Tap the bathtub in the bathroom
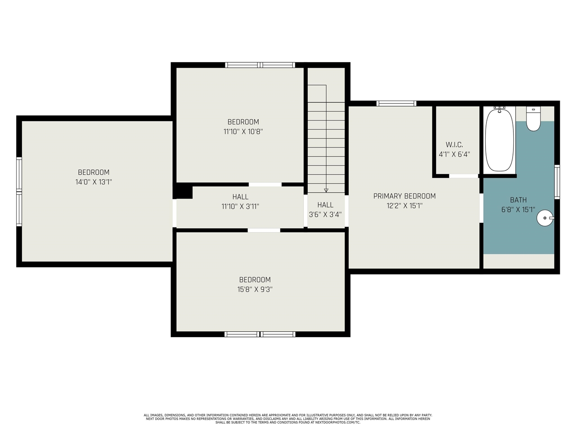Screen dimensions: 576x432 499,140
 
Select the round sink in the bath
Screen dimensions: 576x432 545,218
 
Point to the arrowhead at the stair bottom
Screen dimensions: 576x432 326,190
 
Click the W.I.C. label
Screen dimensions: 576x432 454,144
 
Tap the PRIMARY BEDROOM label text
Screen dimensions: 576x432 405,196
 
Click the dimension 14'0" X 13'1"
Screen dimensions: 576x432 94,182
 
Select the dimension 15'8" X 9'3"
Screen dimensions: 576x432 255,289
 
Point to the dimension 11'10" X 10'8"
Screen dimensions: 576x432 243,131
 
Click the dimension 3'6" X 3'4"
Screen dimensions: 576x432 325,215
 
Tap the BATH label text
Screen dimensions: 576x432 518,200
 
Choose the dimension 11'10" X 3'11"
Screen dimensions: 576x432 240,207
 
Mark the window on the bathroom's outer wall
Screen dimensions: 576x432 557,182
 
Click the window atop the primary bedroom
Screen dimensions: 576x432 396,103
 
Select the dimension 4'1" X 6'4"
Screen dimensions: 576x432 454,154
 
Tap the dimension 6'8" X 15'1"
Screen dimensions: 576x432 518,210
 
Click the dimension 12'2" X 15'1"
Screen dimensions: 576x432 405,206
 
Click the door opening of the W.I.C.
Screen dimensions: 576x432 464,176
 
